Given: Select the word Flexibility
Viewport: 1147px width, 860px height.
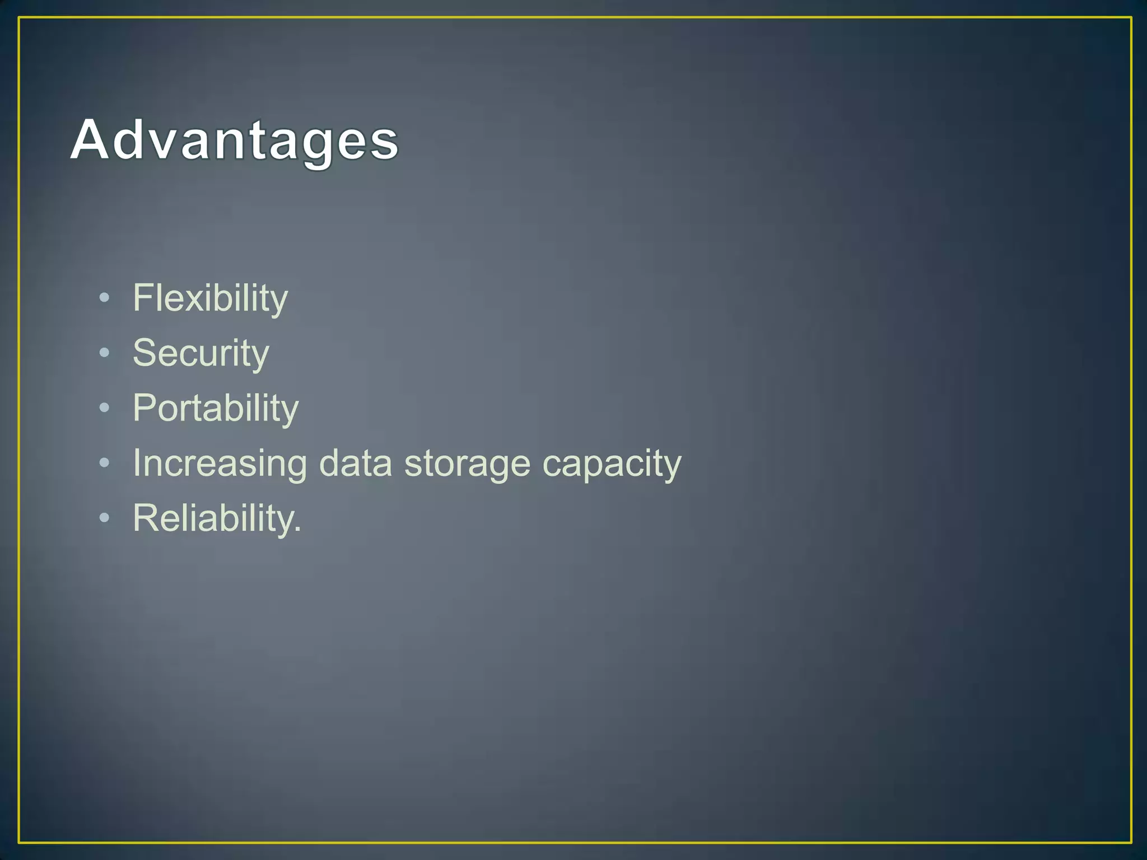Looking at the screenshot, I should (x=210, y=298).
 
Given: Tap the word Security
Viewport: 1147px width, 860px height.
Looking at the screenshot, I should (x=201, y=353).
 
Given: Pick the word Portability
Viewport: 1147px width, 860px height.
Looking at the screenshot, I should (x=216, y=408).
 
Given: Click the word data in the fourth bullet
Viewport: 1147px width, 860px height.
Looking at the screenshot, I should (x=355, y=464).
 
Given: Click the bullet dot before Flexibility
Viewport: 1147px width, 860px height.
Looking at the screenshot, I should (x=104, y=298).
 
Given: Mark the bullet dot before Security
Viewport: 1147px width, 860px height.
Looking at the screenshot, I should (x=104, y=353).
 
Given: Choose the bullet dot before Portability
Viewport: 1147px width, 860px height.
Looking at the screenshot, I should (x=104, y=408).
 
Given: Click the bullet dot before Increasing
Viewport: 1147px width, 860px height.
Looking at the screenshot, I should (x=104, y=462).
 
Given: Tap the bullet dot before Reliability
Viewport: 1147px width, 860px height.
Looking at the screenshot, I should (x=104, y=518).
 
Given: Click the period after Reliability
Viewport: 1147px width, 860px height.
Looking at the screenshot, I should (x=298, y=530).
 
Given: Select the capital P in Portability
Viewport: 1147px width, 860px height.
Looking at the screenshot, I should (x=144, y=408).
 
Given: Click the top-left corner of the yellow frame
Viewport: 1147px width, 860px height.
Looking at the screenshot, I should (x=20, y=18).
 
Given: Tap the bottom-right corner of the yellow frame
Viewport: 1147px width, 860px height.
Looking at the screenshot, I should (x=1130, y=842).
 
